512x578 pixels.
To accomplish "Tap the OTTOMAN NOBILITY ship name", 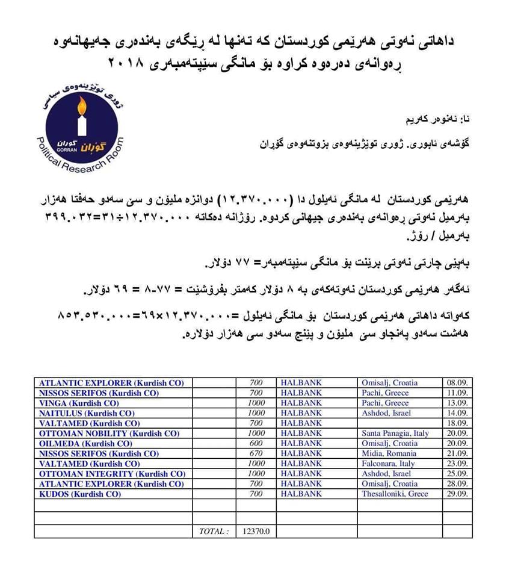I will pyautogui.click(x=109, y=433).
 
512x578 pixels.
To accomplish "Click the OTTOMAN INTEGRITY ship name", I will pyautogui.click(x=111, y=474).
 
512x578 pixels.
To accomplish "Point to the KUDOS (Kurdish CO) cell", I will pyautogui.click(x=80, y=494).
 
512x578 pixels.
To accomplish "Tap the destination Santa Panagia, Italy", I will pyautogui.click(x=395, y=433).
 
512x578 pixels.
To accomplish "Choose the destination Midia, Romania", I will pyautogui.click(x=389, y=453).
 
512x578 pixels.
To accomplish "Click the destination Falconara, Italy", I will pyautogui.click(x=388, y=464).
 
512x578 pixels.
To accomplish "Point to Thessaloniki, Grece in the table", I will pyautogui.click(x=395, y=494).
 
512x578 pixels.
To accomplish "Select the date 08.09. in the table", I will pyautogui.click(x=458, y=382).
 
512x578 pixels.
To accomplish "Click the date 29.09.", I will pyautogui.click(x=458, y=494).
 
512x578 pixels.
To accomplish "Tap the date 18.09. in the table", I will pyautogui.click(x=458, y=423).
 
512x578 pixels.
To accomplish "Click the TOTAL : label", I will pyautogui.click(x=214, y=531).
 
